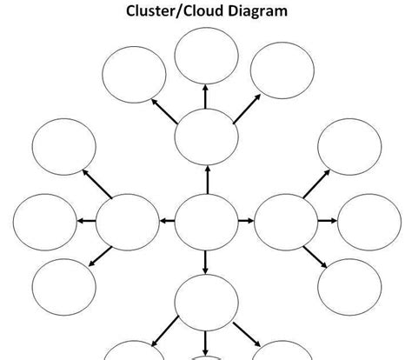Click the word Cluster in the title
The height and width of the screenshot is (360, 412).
pyautogui.click(x=150, y=11)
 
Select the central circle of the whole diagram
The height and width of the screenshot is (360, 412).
pyautogui.click(x=206, y=220)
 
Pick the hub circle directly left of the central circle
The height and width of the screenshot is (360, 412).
pyautogui.click(x=128, y=220)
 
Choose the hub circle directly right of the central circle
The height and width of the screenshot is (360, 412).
pyautogui.click(x=286, y=220)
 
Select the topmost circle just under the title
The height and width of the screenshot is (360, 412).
pyautogui.click(x=206, y=56)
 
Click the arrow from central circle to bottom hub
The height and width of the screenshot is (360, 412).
pyautogui.click(x=206, y=261)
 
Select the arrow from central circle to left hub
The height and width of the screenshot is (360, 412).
pyautogui.click(x=167, y=220)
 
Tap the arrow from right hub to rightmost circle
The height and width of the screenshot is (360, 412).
pyautogui.click(x=327, y=220)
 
